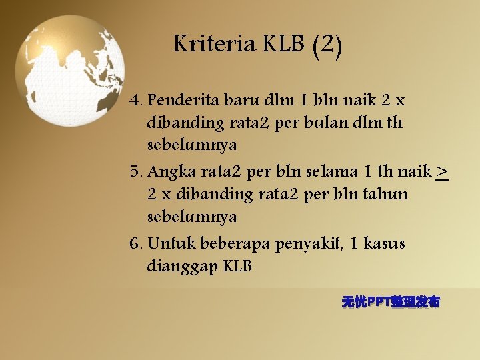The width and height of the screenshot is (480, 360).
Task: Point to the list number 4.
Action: tap(136, 101)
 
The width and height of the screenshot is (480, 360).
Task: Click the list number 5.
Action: tap(136, 173)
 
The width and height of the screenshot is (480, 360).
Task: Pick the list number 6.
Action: tap(136, 244)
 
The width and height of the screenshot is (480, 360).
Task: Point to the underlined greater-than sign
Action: tap(441, 173)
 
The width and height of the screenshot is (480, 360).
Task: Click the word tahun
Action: tap(387, 195)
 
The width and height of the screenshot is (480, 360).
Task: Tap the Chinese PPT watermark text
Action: tap(391, 303)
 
